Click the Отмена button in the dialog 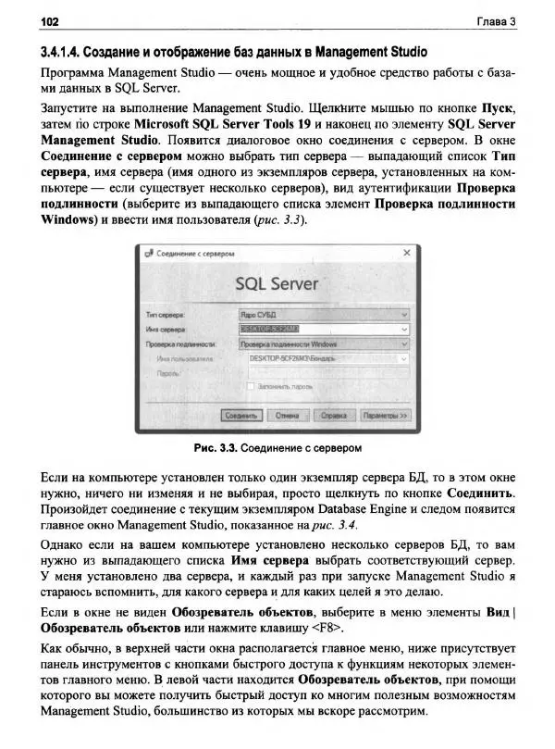(287, 417)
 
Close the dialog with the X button (407, 253)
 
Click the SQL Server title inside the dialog (277, 282)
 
